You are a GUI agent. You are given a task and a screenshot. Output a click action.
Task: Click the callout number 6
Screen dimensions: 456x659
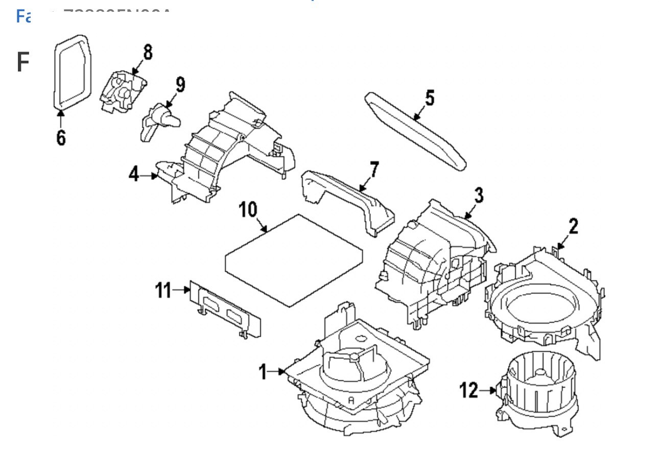coord(61,137)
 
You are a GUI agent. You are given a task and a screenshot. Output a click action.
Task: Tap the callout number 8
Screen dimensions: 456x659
coord(147,53)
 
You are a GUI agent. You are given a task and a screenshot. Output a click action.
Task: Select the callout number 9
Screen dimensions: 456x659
coord(180,84)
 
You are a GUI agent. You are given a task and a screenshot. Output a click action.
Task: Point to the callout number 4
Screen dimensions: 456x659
coord(134,174)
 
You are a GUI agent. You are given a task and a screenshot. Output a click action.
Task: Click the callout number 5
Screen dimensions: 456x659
coord(430,98)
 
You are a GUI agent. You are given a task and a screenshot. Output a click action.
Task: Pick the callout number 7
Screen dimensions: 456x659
coord(374,169)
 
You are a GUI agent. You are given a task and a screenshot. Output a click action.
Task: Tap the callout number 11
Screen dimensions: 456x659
coord(163,290)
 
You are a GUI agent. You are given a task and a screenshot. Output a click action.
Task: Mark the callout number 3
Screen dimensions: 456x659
coord(478,195)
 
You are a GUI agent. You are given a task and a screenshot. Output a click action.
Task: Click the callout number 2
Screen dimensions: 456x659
coord(573,226)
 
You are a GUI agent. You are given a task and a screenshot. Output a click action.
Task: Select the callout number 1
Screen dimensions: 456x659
coord(263,372)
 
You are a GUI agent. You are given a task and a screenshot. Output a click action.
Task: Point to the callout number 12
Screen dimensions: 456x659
coord(468,390)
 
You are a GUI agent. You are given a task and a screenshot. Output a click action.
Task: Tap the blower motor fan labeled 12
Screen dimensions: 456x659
coord(541,393)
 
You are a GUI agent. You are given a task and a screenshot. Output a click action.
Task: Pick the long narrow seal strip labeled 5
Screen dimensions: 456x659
coord(416,130)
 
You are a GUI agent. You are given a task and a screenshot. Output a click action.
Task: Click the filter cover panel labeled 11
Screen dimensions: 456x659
coord(225,309)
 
